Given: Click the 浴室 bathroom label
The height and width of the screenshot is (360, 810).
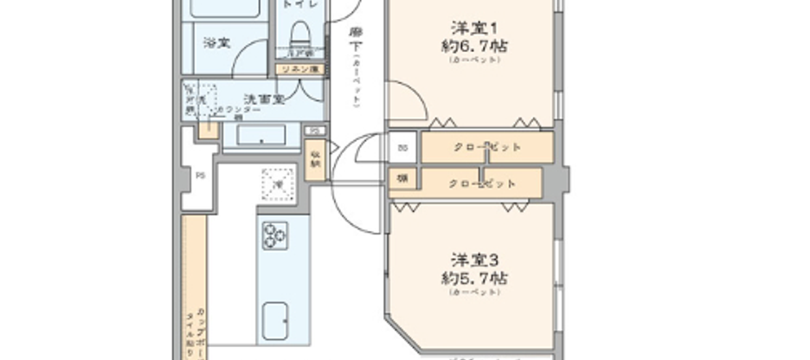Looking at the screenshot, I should click(215, 42).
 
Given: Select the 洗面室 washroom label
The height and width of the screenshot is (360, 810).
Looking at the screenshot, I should click(263, 99).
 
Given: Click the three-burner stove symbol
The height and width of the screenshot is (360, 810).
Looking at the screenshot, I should click(276, 235).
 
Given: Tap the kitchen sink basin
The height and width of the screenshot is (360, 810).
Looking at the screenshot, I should click(276, 321).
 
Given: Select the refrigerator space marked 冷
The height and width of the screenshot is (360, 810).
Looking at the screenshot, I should click(278, 183).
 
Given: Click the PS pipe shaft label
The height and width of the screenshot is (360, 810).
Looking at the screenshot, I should click(200, 177).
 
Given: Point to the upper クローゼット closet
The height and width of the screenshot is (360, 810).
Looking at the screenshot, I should click(487, 147).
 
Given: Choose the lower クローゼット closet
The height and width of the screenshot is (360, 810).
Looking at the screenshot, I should click(482, 183).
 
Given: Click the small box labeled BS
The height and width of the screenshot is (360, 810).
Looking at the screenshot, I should click(402, 148).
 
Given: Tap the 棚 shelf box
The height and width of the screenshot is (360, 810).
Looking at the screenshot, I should click(402, 180).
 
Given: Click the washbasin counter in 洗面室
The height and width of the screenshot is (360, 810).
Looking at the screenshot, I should click(254, 135).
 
